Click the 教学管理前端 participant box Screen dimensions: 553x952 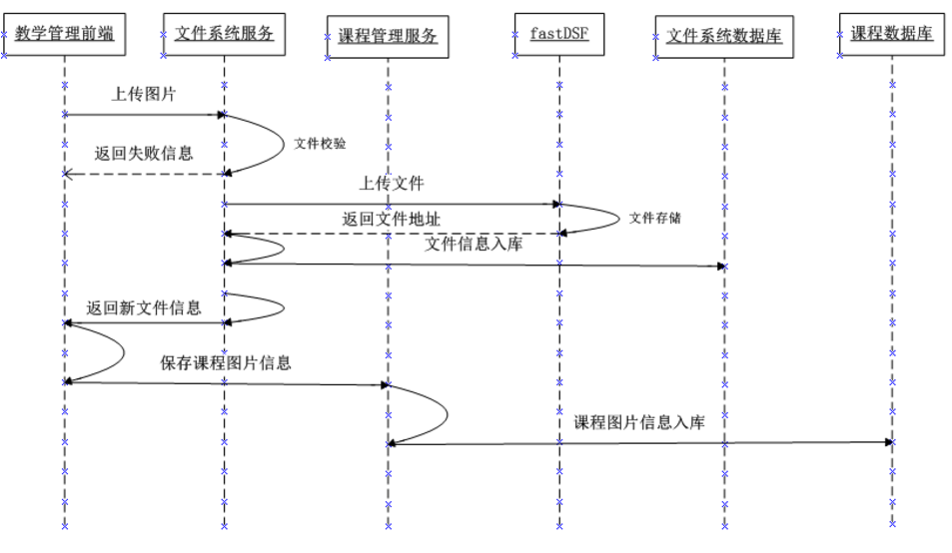[64, 34]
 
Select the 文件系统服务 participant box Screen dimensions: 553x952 [224, 34]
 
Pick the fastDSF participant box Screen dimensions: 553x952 [559, 33]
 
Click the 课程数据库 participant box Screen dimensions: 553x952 [892, 33]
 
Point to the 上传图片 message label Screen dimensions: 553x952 [144, 95]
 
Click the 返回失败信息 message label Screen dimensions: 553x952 [144, 154]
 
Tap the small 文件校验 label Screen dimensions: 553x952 [320, 144]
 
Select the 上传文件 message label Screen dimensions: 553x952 [392, 184]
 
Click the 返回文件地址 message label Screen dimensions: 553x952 [391, 219]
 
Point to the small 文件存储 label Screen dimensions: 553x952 [654, 218]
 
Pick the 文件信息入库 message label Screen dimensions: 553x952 [473, 244]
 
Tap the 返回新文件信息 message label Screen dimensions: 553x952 [144, 307]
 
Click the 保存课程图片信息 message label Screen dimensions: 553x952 [226, 362]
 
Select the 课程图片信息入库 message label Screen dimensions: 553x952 [639, 422]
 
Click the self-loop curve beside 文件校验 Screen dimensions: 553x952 [280, 143]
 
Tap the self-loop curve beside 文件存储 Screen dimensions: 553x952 [613, 218]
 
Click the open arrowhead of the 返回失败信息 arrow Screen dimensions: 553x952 [68, 174]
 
